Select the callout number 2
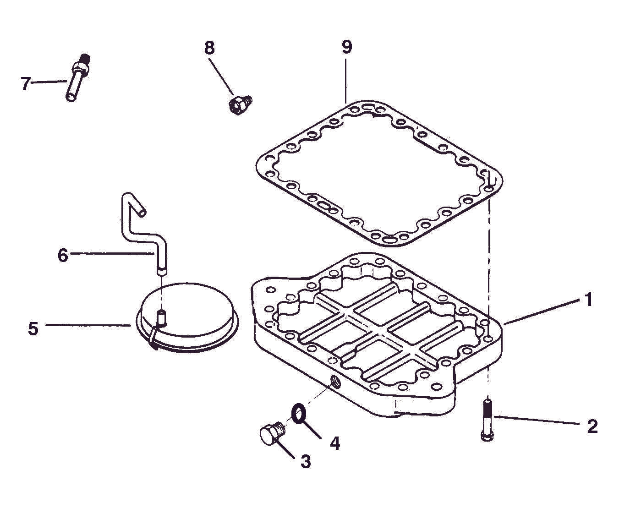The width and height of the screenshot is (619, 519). point(592,426)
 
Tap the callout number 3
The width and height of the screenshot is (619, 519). point(306,461)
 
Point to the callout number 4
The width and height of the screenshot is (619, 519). point(335,443)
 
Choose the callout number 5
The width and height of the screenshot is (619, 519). point(33,328)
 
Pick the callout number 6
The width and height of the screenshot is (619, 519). point(63,255)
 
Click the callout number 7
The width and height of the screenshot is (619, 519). point(26,83)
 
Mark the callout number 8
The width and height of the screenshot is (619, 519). point(209,48)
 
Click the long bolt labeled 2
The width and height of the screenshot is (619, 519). point(487,419)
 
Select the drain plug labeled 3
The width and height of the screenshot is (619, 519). point(270,433)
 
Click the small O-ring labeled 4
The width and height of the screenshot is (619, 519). point(299,413)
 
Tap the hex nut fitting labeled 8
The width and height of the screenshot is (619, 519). point(238,104)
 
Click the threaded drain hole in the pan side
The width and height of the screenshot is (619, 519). point(335,381)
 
